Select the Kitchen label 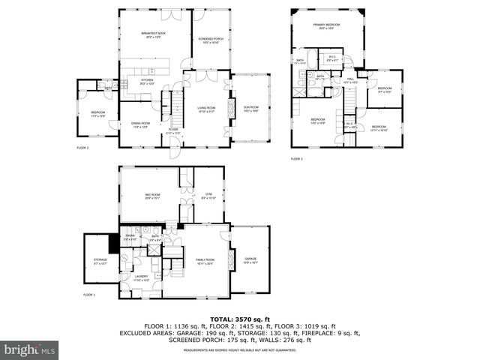147,81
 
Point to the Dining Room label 141,124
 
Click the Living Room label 207,109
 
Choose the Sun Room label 250,109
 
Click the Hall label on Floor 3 350,79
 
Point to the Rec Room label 153,196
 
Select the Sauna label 130,237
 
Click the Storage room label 100,261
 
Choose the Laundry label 141,277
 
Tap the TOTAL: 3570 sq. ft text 240,319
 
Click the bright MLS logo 30,349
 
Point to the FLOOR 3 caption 297,158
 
